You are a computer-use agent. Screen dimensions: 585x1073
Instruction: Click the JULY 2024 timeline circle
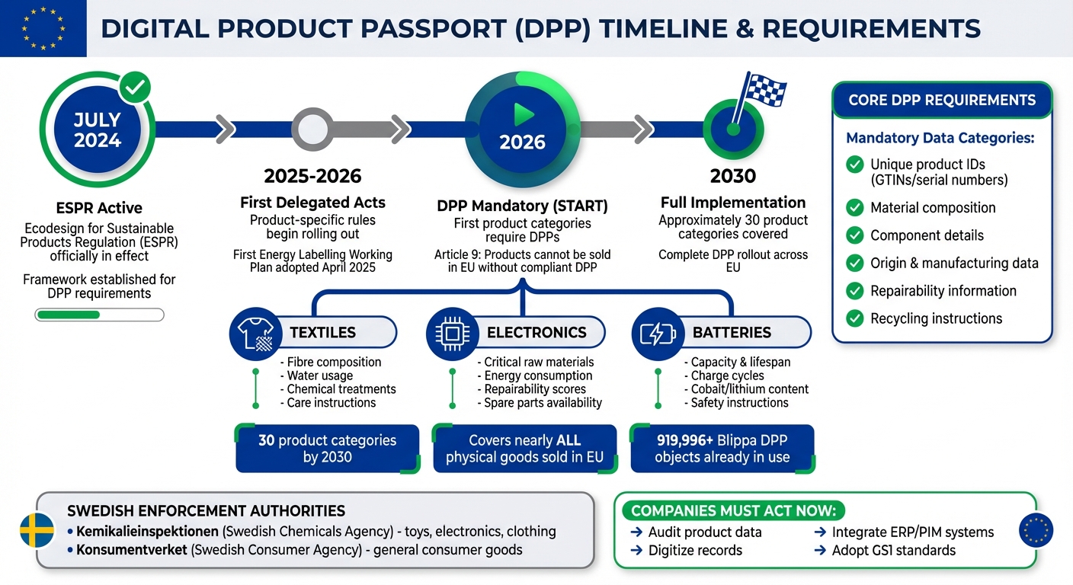(x=97, y=130)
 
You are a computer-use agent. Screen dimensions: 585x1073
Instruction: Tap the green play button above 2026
(x=523, y=114)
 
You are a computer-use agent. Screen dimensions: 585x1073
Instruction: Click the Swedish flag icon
(x=37, y=530)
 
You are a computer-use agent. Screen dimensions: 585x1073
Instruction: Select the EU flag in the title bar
(x=43, y=29)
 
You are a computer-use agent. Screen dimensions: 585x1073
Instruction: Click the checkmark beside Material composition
(x=855, y=208)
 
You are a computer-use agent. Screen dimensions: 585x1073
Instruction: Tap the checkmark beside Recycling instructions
(x=855, y=318)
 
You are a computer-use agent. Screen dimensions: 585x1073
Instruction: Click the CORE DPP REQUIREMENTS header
(x=941, y=101)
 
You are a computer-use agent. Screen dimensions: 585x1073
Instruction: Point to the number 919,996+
(x=682, y=440)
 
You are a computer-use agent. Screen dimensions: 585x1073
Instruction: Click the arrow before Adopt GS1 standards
(x=820, y=551)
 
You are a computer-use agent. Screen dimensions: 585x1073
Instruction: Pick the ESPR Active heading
(x=99, y=208)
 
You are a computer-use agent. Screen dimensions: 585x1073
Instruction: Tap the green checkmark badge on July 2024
(x=135, y=88)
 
